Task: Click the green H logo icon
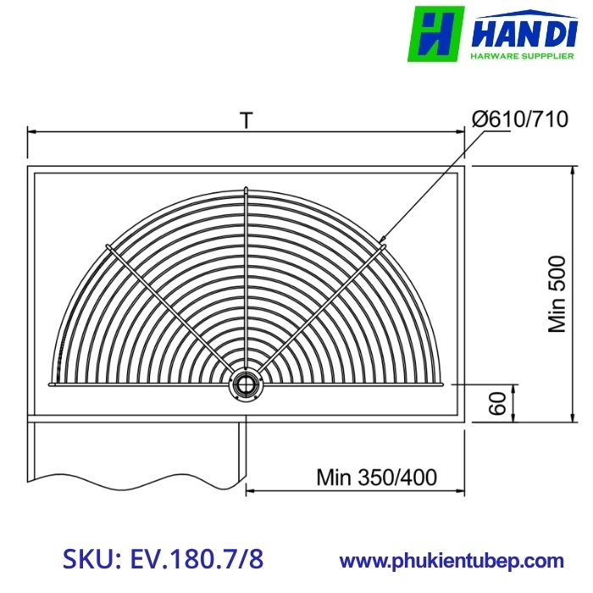click(436, 34)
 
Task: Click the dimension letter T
click(246, 121)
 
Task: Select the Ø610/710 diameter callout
click(520, 119)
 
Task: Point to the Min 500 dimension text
click(557, 296)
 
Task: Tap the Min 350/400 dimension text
click(377, 477)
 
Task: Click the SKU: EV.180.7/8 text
click(163, 559)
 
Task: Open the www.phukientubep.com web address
click(452, 560)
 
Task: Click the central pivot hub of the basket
click(246, 384)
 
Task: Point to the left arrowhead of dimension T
click(32, 131)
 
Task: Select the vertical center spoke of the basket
click(246, 280)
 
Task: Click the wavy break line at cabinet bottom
click(136, 476)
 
